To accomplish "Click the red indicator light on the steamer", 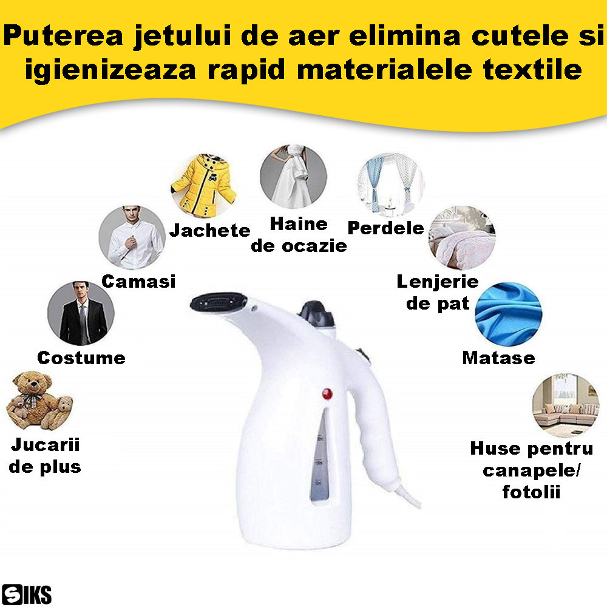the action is click(327, 394).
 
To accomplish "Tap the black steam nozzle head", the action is click(219, 302).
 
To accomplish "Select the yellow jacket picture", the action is click(203, 185).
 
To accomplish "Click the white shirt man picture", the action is click(132, 238).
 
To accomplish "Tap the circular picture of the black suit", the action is click(81, 313).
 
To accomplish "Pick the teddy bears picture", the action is click(39, 401).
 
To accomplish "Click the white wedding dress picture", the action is click(293, 177).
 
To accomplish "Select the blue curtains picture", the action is click(390, 185).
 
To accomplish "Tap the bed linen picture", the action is click(462, 238).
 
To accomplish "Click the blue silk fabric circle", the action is click(508, 314).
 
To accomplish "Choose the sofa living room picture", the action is click(566, 405).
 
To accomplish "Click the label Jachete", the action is click(210, 230).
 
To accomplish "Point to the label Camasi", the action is click(138, 282).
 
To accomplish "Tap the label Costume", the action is click(81, 358).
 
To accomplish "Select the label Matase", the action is click(498, 358).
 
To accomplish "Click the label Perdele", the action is click(386, 228).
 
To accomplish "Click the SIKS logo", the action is click(26, 594).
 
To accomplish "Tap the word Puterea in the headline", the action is click(63, 36).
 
